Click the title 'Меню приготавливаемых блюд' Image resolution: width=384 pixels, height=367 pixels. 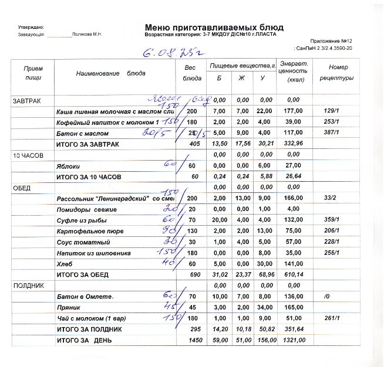tap(214, 28)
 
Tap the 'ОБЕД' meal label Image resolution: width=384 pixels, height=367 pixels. tap(22, 188)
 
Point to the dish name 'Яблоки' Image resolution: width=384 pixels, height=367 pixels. tap(68, 166)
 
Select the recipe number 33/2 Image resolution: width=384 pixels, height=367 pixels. tap(329, 199)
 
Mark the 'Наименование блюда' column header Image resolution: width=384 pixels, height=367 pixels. tap(111, 73)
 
